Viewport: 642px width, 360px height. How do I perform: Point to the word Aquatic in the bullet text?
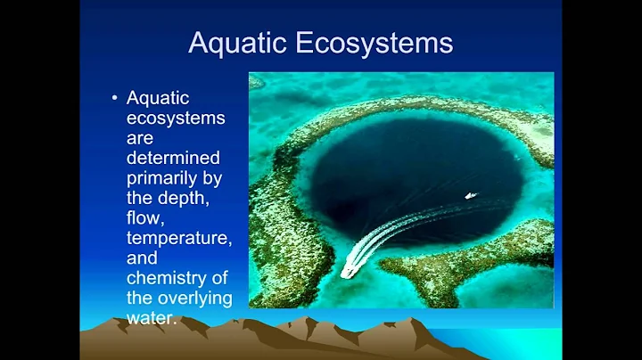pos(157,99)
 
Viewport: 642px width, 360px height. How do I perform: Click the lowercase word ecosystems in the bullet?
pos(176,119)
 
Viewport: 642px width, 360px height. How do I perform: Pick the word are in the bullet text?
pos(141,139)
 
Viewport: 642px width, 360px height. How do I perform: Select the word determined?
pos(175,159)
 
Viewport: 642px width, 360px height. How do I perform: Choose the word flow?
pos(147,217)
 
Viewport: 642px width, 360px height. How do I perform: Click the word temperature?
pos(179,238)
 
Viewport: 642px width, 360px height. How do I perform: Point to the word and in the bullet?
pos(143,258)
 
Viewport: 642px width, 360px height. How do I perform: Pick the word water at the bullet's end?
pos(151,316)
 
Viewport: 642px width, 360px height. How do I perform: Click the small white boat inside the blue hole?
pos(470,195)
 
